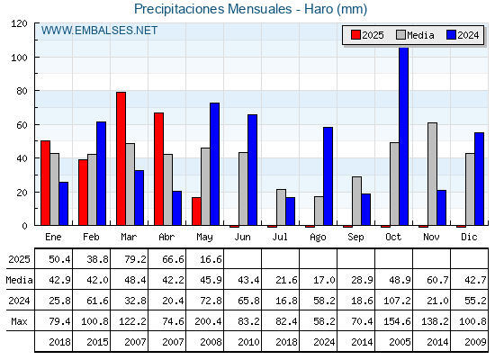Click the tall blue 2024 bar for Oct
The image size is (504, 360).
(x=403, y=136)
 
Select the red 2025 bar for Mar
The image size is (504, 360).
(x=121, y=158)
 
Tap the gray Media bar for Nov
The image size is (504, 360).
(x=432, y=174)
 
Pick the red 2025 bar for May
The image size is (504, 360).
(x=196, y=211)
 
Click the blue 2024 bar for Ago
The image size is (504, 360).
(x=328, y=176)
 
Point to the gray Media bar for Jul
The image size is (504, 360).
(x=281, y=207)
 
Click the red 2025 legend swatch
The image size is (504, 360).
(x=355, y=35)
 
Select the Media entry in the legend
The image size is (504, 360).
(x=415, y=35)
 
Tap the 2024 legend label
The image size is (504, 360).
(x=468, y=35)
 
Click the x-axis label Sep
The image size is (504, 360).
(x=355, y=238)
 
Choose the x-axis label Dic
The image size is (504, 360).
(x=469, y=238)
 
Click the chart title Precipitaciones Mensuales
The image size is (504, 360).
(x=212, y=9)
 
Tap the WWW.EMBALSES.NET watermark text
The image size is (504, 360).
(x=99, y=31)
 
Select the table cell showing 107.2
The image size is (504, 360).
(x=397, y=301)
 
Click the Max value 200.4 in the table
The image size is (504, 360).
(x=208, y=321)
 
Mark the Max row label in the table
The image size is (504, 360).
(x=19, y=321)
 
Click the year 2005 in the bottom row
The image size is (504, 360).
(x=400, y=342)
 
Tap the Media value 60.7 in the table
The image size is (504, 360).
(x=437, y=280)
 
